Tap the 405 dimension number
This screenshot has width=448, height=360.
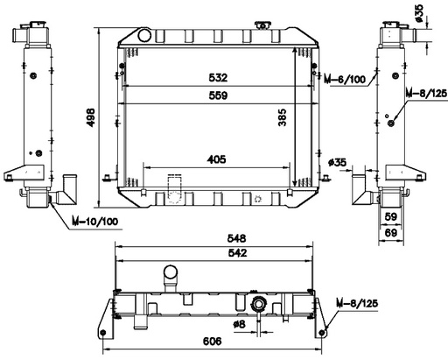[x=218, y=159]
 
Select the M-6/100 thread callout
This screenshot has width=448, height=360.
[x=345, y=80]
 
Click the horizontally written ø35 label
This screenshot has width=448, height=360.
[x=338, y=161]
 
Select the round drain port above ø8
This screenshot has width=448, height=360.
[x=258, y=305]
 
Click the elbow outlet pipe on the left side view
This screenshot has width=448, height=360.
[x=67, y=189]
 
